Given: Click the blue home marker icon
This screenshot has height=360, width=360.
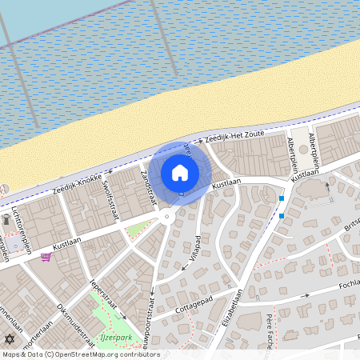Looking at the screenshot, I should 180,173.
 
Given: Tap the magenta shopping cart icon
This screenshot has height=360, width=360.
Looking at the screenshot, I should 46,257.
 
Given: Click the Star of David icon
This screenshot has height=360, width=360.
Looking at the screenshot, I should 10,338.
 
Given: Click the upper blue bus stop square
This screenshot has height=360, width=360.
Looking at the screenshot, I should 282,198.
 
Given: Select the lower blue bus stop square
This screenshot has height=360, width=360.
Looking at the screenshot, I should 282,215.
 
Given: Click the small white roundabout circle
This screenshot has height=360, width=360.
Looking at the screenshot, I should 167,216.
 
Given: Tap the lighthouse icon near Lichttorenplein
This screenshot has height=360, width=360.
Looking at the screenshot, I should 6,218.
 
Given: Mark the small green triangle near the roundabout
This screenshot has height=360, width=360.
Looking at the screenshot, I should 138,230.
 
